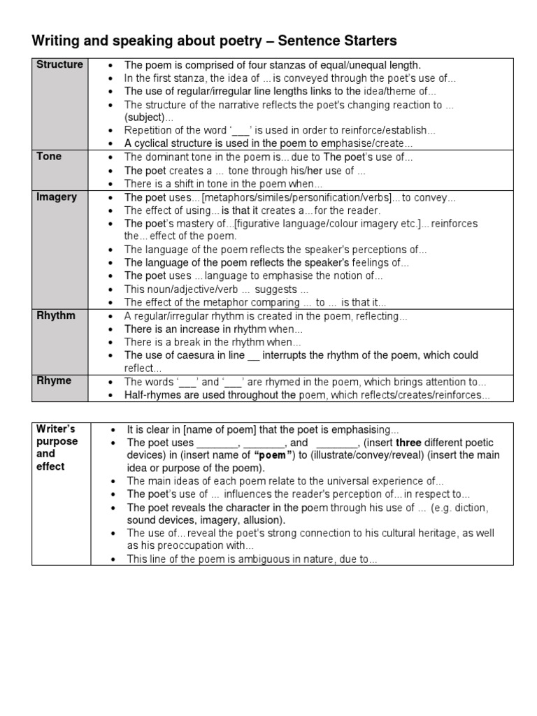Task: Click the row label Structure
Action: [59, 64]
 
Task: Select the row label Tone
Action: [49, 156]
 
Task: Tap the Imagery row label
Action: [56, 197]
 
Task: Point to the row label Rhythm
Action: [56, 315]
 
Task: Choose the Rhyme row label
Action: [53, 381]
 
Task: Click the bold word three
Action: [409, 443]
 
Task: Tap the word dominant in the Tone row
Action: [167, 157]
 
